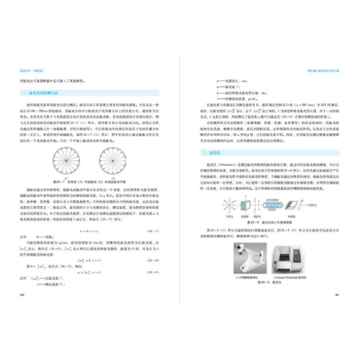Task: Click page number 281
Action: (x=339, y=318)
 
